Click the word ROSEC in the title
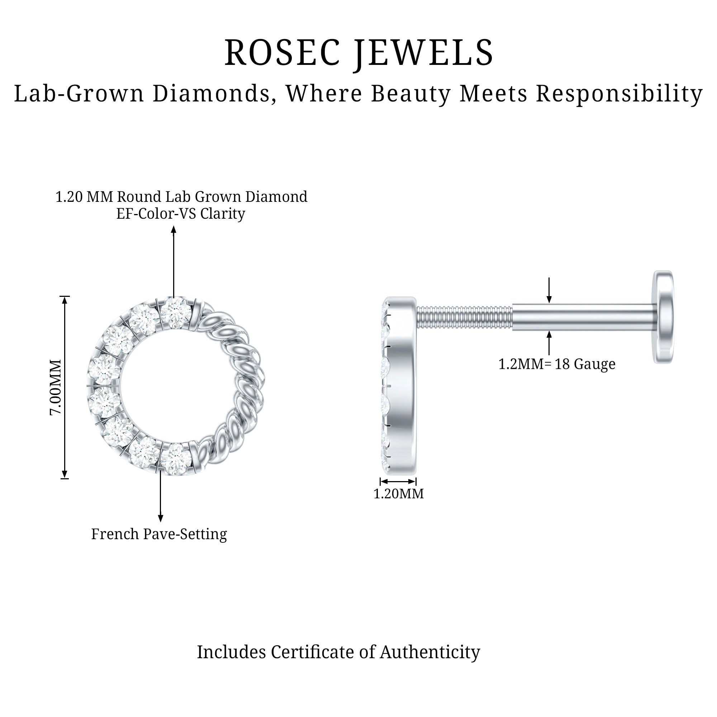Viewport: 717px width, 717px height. pos(282,53)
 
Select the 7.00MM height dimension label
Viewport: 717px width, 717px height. pos(56,387)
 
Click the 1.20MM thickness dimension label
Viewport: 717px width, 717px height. pos(398,494)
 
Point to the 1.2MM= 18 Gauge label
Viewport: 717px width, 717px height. pos(557,364)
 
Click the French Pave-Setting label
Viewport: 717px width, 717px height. pos(159,534)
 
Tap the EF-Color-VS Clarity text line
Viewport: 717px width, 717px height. pos(180,214)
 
